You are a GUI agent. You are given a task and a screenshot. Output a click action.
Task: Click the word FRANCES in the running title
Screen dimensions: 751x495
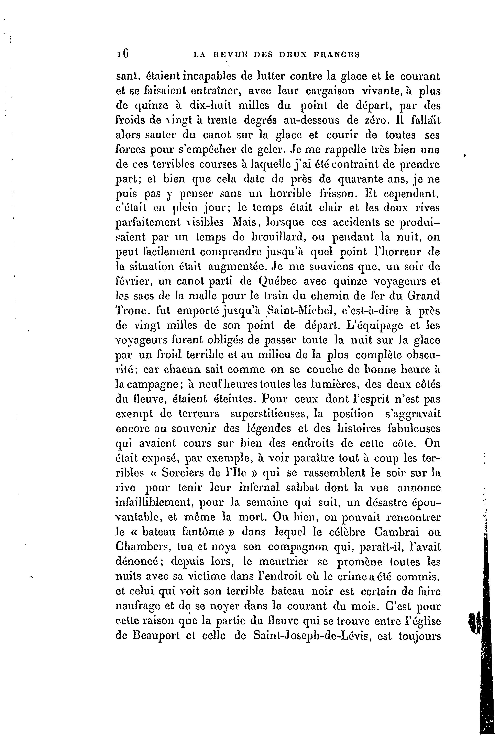(337, 55)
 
